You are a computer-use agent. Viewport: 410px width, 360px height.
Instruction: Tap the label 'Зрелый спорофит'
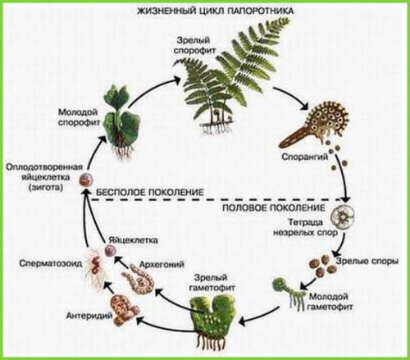point(194,46)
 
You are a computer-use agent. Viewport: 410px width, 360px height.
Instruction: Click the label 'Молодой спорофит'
point(79,117)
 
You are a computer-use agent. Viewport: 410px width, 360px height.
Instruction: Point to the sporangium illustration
point(314,123)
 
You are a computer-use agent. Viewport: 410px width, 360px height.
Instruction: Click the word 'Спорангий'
point(305,157)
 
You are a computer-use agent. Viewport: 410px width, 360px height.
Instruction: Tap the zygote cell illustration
point(86,180)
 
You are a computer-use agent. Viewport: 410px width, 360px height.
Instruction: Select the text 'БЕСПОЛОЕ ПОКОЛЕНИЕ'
point(150,192)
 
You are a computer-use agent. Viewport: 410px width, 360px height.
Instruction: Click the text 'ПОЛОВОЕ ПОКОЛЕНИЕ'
point(274,208)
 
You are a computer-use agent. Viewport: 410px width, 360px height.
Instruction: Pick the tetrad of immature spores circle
point(343,215)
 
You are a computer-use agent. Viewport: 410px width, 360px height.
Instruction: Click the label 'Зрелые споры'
point(367,261)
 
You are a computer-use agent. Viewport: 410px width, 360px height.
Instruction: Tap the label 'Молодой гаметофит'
point(330,301)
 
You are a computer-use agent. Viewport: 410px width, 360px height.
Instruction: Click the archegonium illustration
point(139,280)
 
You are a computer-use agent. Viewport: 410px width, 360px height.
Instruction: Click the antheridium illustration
point(124,309)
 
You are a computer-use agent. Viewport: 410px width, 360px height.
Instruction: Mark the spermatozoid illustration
point(94,267)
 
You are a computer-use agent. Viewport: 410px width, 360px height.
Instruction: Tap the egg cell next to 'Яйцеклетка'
point(112,250)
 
